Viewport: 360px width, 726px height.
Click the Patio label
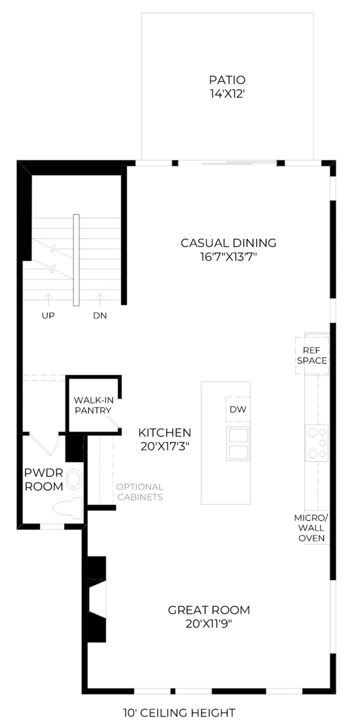pyautogui.click(x=227, y=80)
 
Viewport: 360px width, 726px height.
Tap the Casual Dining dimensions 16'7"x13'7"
pyautogui.click(x=228, y=257)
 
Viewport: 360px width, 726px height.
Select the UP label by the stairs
pyautogui.click(x=48, y=316)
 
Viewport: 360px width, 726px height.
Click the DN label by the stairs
pyautogui.click(x=100, y=316)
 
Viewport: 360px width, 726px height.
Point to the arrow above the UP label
pyautogui.click(x=48, y=300)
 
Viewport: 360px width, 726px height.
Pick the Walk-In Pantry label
pyautogui.click(x=94, y=405)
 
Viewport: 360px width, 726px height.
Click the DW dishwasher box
pyautogui.click(x=238, y=409)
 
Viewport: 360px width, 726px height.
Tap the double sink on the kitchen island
pyautogui.click(x=238, y=444)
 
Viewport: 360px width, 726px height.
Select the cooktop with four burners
pyautogui.click(x=317, y=443)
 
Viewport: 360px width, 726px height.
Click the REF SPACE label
pyautogui.click(x=312, y=356)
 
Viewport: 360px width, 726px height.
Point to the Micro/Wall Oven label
pyautogui.click(x=311, y=528)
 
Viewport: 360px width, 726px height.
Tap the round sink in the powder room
pyautogui.click(x=74, y=479)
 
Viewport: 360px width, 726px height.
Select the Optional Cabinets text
pyautogui.click(x=140, y=492)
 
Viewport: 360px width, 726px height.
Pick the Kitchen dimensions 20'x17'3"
pyautogui.click(x=165, y=447)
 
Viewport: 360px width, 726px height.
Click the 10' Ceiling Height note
pyautogui.click(x=179, y=713)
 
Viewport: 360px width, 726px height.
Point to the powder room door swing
pyautogui.click(x=44, y=444)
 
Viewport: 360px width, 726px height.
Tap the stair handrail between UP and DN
pyautogui.click(x=76, y=260)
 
